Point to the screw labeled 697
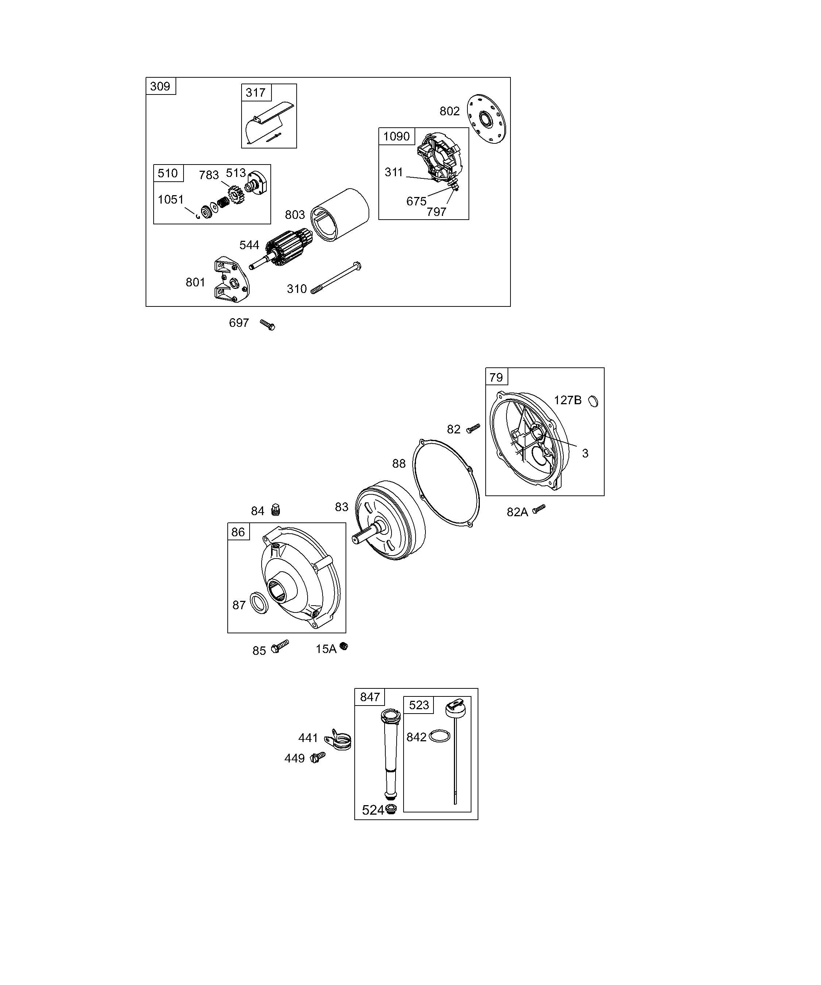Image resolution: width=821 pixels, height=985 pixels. point(268,325)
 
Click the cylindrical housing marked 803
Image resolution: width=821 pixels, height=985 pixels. point(340,215)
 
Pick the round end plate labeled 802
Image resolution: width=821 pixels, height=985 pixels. point(486,119)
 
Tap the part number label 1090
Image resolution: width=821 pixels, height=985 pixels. point(396,136)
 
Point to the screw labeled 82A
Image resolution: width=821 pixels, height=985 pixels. point(540,508)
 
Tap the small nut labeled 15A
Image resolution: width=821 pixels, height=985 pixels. point(344,647)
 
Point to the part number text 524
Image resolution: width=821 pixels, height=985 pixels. point(373,811)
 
